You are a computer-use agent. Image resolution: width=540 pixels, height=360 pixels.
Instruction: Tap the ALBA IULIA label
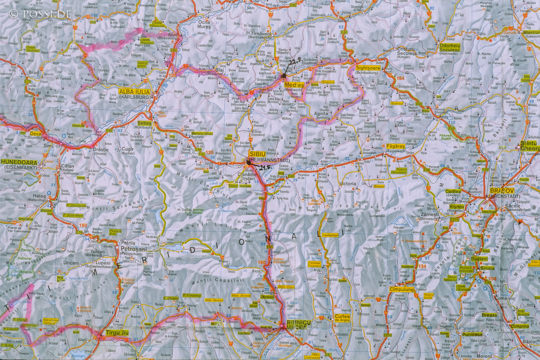pos(134,91)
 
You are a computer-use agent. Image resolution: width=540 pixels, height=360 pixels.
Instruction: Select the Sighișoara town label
pos(368,68)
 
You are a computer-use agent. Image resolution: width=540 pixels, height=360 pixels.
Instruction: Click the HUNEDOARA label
pos(19,162)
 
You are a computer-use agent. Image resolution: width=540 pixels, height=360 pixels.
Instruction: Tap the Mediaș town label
pos(294,85)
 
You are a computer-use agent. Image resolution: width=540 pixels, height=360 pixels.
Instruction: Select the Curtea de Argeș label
pos(342,318)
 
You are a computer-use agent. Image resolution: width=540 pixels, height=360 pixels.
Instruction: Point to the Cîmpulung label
pos(402,289)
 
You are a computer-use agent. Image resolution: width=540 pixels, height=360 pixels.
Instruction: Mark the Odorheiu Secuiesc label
pos(450,48)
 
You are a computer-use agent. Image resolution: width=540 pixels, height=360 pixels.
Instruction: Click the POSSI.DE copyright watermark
pos(40,14)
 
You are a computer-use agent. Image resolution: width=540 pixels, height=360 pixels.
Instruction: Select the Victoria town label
pos(347,184)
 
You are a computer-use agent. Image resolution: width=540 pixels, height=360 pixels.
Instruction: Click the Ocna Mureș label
pos(204,24)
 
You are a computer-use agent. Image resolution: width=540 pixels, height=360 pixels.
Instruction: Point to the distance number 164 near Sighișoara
pos(400,78)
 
